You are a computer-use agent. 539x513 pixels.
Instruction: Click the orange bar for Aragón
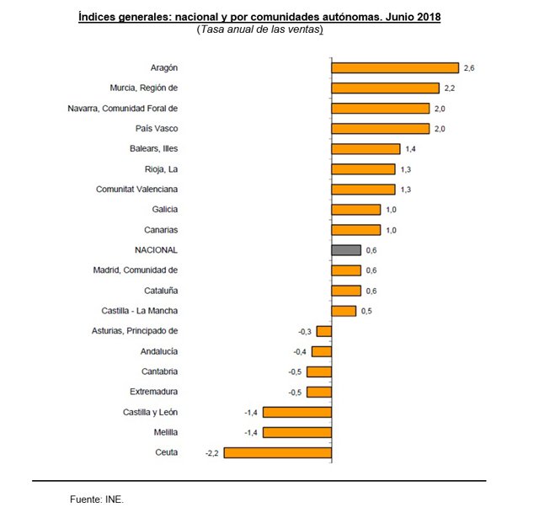coord(395,67)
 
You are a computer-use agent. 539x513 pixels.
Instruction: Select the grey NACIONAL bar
coord(346,250)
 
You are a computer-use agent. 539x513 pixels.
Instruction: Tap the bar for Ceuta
coord(278,453)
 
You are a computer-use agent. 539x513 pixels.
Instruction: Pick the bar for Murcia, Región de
coord(386,88)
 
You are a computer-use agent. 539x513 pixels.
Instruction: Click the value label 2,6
coord(469,67)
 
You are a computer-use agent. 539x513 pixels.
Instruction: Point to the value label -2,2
coord(212,453)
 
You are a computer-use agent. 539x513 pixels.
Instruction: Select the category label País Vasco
coord(157,129)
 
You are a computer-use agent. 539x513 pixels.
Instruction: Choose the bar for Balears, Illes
coord(366,149)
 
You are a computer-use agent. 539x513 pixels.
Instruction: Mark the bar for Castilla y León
coord(298,413)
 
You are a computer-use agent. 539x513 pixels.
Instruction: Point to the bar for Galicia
coord(356,210)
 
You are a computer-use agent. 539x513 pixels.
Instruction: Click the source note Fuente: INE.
coord(97,500)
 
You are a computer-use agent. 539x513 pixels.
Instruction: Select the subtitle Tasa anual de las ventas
coord(260,29)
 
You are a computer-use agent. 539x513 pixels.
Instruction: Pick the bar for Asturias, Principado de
coord(324,331)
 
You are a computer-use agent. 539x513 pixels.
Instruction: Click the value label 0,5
coord(366,311)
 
